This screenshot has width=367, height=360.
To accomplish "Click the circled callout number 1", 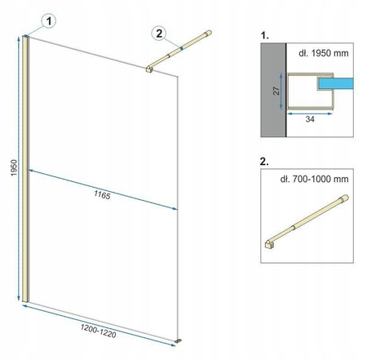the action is point(49,21).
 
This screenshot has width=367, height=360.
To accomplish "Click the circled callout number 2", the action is point(159,33).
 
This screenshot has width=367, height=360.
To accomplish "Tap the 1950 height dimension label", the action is point(14,168).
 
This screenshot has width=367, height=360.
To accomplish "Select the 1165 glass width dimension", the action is point(102,195).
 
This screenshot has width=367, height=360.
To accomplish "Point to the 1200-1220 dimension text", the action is point(98,331).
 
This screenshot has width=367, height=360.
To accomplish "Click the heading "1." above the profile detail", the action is point(264,35).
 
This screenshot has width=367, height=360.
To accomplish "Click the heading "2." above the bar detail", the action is point(264,162).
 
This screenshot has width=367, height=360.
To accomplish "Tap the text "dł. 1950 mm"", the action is point(324,53).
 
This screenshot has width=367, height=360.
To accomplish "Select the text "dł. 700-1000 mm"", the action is point(314,179).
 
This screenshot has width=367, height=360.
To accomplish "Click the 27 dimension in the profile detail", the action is point(276,91).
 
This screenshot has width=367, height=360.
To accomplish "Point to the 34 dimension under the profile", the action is point(310,119).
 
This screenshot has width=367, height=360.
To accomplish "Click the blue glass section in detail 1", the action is point(336,83).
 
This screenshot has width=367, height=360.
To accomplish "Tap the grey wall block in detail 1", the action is point(273,90).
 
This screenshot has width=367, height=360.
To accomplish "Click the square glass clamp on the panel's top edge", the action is point(149,69).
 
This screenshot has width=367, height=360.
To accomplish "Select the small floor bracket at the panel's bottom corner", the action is point(179,340).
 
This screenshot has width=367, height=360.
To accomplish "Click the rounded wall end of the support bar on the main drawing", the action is point(209,33).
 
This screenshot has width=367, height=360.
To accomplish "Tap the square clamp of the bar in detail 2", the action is point(269,244).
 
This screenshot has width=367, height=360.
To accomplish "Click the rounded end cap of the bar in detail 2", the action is point(345,198).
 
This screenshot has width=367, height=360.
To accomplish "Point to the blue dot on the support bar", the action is point(181,48).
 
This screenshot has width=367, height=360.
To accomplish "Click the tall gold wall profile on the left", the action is point(25,169).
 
